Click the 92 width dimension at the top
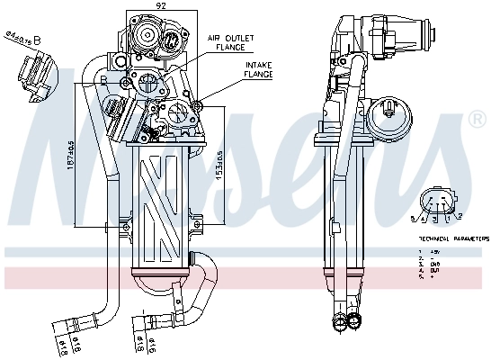tap(162, 7)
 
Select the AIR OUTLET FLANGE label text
tap(231, 42)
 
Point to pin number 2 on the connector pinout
tap(459, 217)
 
